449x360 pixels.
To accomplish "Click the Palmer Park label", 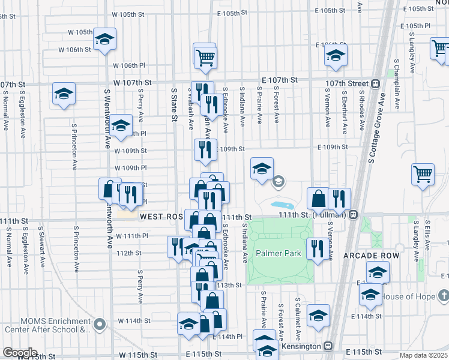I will (x=279, y=253).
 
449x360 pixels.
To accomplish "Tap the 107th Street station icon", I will (x=376, y=83).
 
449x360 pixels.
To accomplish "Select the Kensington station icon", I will (x=328, y=346).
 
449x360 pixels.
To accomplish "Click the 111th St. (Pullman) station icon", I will (x=354, y=214).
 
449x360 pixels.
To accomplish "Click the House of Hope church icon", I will (x=443, y=296).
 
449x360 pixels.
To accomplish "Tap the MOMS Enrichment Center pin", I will (x=100, y=325).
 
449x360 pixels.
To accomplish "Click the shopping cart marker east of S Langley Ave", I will (x=423, y=173).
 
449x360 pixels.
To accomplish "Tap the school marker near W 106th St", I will (x=105, y=40).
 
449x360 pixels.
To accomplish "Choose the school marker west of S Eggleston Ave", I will (x=63, y=94).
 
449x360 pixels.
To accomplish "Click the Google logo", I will (x=20, y=353).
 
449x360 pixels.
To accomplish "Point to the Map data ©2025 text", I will (x=424, y=355).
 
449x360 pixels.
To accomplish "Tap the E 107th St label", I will (x=280, y=80).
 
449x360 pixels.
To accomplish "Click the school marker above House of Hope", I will (x=377, y=271).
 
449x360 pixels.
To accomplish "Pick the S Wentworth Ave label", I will (x=107, y=119).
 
